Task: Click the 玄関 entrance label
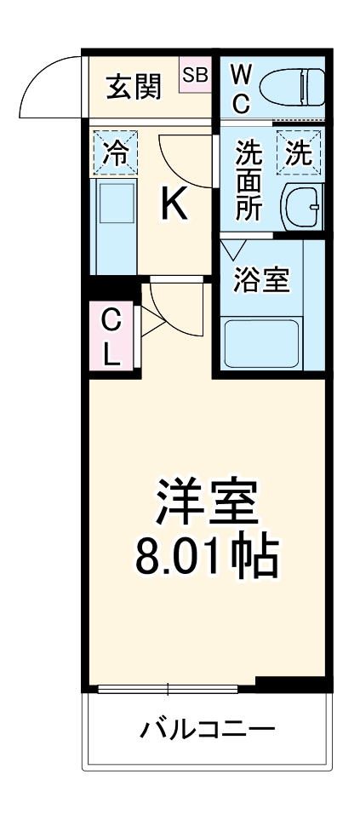[x=133, y=87]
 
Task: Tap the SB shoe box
[x=195, y=75]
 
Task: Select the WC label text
[x=240, y=87]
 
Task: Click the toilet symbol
[x=292, y=87]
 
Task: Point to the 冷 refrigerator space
[x=113, y=154]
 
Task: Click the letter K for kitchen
[x=174, y=204]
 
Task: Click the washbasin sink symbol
[x=302, y=205]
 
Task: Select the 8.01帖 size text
[x=204, y=554]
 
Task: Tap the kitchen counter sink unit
[x=113, y=226]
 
